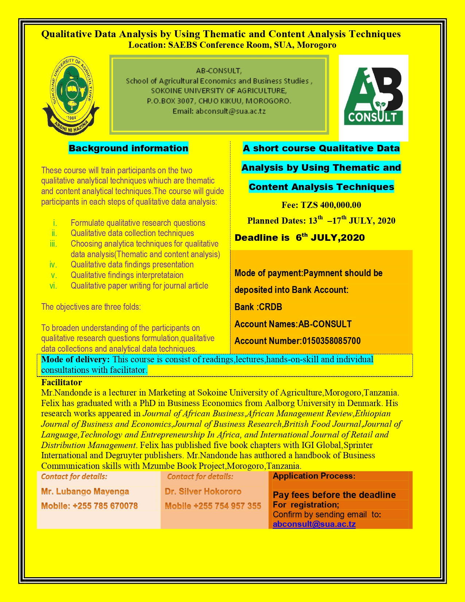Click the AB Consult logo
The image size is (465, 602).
click(373, 97)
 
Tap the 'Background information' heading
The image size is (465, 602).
click(128, 148)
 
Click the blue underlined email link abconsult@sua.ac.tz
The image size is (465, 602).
click(314, 524)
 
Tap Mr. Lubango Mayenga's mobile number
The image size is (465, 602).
click(89, 506)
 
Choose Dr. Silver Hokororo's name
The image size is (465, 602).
click(203, 491)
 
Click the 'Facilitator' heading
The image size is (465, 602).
click(62, 382)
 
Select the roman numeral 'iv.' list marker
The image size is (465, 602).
click(53, 265)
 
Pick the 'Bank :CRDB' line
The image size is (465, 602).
click(258, 307)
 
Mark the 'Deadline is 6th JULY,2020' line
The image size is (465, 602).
click(300, 238)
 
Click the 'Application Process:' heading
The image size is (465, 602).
click(314, 476)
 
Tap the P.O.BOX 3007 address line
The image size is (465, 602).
click(219, 101)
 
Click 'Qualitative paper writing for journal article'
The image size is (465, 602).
click(139, 286)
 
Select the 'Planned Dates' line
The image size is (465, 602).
click(321, 221)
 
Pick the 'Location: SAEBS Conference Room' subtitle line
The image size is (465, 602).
click(232, 45)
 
